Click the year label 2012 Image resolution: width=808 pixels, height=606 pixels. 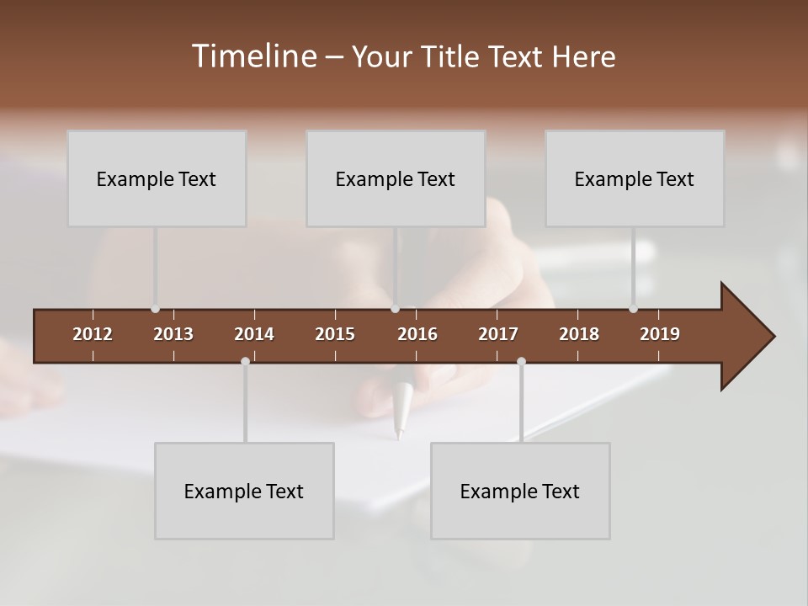93,334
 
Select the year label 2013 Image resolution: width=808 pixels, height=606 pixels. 173,334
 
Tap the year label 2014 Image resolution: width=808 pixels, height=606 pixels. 254,334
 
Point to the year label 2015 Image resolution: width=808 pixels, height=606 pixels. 335,334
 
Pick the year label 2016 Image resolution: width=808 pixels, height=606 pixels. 417,334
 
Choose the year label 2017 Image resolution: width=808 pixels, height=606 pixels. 498,334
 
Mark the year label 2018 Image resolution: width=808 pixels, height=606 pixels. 579,334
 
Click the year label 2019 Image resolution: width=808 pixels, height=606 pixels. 660,334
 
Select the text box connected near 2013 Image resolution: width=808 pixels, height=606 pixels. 157,178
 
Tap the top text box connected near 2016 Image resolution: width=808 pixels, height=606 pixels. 396,178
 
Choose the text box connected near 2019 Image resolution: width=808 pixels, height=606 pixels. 635,178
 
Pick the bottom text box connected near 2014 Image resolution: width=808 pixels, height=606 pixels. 244,491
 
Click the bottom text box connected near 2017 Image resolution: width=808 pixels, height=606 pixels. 520,491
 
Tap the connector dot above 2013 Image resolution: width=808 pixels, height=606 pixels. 155,309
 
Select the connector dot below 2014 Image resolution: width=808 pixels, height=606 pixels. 245,361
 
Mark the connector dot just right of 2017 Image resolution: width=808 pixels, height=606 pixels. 521,361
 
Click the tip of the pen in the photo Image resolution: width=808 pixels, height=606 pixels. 401,436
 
